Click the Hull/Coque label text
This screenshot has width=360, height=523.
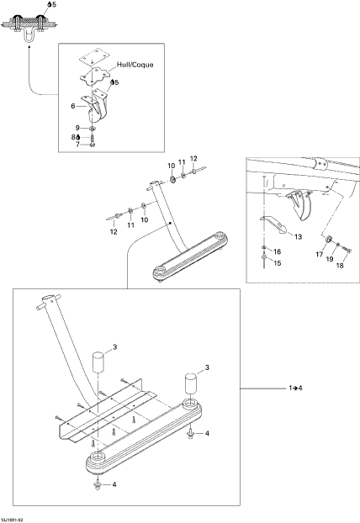tap(135, 65)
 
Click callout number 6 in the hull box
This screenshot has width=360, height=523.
tap(73, 106)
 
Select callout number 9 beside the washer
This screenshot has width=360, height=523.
tap(77, 128)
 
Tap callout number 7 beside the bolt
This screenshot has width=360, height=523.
tap(77, 145)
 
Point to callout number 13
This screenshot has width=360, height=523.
tap(298, 236)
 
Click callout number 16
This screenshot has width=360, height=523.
tap(278, 251)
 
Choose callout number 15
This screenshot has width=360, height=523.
tap(278, 263)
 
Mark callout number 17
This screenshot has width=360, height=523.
tap(320, 255)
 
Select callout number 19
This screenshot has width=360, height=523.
tap(330, 259)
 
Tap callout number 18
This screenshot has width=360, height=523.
tap(340, 266)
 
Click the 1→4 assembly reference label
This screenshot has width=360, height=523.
tap(295, 388)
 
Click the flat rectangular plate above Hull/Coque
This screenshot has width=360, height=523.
tap(94, 55)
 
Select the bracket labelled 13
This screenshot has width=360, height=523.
tap(273, 225)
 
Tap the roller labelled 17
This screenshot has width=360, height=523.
tap(328, 239)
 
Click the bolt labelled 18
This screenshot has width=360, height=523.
tap(347, 249)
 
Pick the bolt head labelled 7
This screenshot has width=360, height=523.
tap(93, 144)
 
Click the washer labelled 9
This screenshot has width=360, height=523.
tap(93, 128)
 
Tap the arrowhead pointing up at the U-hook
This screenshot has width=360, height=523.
tap(29, 48)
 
